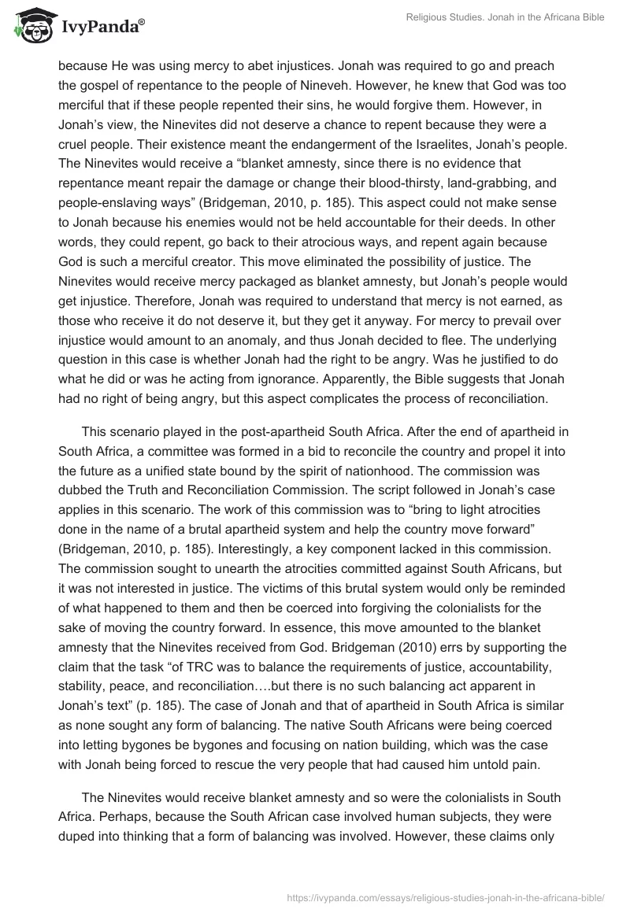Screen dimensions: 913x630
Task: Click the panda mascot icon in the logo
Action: [31, 26]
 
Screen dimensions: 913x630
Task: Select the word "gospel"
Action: [100, 86]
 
